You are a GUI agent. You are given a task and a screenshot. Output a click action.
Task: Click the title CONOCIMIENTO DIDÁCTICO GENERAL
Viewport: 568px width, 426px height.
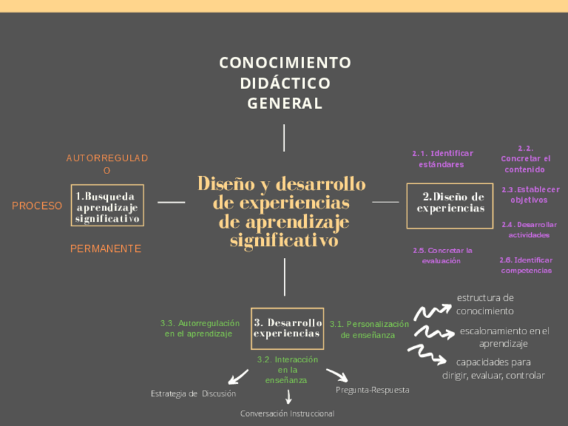pyautogui.click(x=285, y=83)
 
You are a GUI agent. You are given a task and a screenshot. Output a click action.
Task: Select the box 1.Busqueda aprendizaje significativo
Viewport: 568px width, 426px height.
pyautogui.click(x=107, y=206)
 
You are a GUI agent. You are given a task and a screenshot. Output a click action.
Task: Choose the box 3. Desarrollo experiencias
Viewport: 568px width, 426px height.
pyautogui.click(x=287, y=328)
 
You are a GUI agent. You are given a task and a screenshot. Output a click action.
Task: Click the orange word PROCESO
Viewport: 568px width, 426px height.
pyautogui.click(x=37, y=206)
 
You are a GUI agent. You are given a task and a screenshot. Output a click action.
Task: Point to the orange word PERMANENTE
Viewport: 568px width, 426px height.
pyautogui.click(x=106, y=248)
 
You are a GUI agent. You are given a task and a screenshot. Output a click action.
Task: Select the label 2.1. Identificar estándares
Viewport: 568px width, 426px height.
pyautogui.click(x=442, y=159)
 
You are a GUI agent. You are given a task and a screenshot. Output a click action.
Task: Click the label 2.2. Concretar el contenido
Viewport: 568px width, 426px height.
pyautogui.click(x=525, y=159)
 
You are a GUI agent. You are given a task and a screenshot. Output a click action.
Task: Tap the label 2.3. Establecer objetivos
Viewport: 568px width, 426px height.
pyautogui.click(x=529, y=195)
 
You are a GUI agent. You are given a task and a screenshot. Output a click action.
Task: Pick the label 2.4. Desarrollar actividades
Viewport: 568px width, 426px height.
pyautogui.click(x=528, y=230)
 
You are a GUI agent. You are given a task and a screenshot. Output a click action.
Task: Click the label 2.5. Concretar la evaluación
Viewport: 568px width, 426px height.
pyautogui.click(x=442, y=255)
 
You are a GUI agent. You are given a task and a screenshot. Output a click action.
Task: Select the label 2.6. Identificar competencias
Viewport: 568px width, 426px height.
pyautogui.click(x=526, y=265)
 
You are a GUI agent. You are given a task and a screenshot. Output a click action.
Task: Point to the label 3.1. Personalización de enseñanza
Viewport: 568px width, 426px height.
pyautogui.click(x=368, y=330)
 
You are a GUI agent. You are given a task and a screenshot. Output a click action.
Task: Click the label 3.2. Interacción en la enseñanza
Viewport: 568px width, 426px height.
pyautogui.click(x=287, y=370)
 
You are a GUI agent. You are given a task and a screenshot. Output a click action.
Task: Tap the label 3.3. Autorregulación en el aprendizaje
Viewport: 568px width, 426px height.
pyautogui.click(x=200, y=328)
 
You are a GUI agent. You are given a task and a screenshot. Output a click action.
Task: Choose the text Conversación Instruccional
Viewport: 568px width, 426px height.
pyautogui.click(x=287, y=413)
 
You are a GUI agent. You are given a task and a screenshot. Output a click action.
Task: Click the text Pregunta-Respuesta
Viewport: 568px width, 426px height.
pyautogui.click(x=372, y=390)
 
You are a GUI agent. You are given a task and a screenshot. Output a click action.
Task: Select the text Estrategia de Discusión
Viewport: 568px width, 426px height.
pyautogui.click(x=194, y=393)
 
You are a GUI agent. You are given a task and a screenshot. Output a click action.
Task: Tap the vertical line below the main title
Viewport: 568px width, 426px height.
pyautogui.click(x=284, y=138)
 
